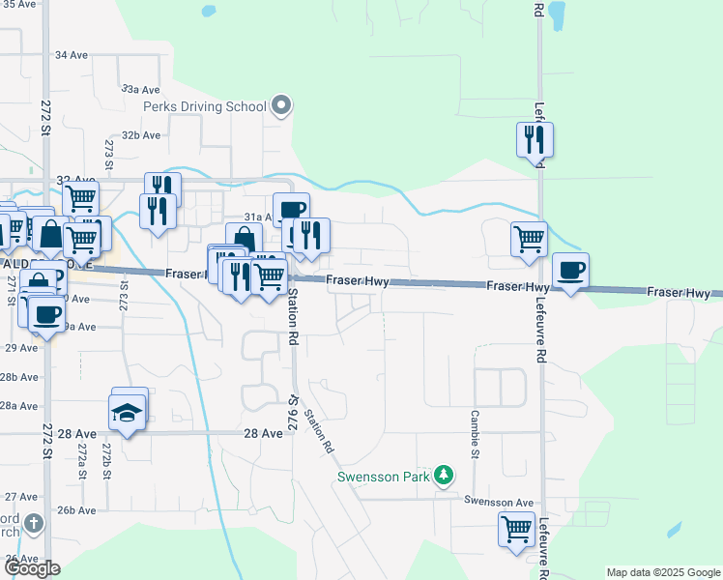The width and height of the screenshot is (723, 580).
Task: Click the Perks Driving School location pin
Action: tap(281, 105)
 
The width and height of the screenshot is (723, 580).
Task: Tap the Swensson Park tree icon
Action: tap(444, 475)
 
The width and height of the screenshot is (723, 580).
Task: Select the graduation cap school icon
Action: tap(128, 413)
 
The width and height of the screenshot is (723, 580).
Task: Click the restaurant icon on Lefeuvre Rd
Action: tap(535, 139)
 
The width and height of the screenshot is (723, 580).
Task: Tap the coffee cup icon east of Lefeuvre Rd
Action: tap(570, 271)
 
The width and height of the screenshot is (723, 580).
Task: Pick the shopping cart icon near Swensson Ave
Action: tap(516, 529)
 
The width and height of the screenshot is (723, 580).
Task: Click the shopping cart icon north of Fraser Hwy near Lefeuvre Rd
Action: tap(529, 238)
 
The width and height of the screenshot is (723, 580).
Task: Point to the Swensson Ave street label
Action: tap(499, 502)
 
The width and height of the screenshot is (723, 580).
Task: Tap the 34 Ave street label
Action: tap(72, 55)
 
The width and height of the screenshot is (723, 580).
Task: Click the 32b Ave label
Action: tap(140, 135)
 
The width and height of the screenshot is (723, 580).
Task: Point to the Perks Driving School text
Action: tap(204, 106)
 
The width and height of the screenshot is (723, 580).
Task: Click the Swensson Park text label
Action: tap(384, 477)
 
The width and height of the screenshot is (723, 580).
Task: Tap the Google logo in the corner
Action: tap(32, 568)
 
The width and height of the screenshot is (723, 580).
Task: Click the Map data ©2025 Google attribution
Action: tap(663, 572)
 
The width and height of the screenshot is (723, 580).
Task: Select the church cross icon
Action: tap(34, 525)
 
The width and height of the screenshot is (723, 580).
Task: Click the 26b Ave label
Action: tap(77, 509)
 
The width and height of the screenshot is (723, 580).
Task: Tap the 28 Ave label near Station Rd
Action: tap(263, 434)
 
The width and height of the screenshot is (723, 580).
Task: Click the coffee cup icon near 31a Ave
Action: tap(291, 209)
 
